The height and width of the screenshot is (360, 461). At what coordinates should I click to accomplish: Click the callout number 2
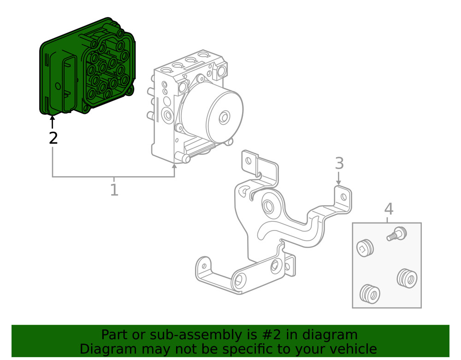coord(53,138)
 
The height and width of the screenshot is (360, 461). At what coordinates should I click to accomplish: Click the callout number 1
coord(114,189)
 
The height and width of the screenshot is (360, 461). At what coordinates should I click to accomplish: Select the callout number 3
coord(339,163)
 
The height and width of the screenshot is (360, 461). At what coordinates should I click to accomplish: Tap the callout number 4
coord(389,209)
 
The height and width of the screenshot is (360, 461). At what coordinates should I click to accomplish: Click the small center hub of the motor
coord(225,117)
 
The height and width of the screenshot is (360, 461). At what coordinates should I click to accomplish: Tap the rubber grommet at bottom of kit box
coord(370,293)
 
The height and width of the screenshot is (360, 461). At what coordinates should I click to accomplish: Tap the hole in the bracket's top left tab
coord(248,161)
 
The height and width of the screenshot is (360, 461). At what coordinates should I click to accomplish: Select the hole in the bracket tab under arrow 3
coord(343,197)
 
